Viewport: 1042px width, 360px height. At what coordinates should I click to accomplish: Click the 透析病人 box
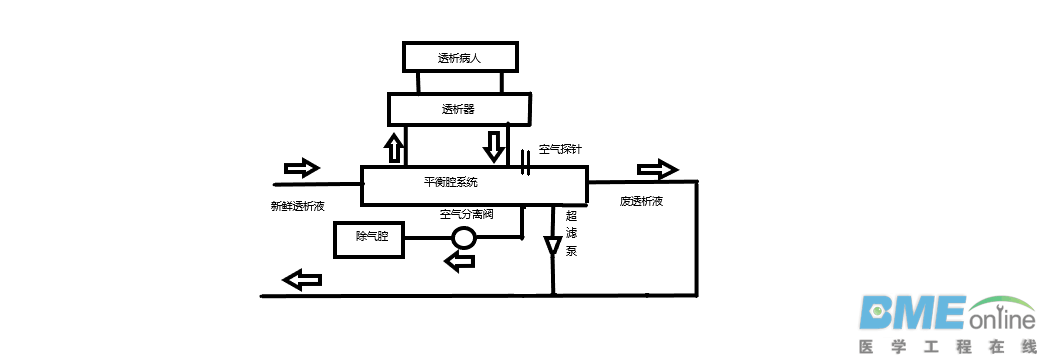pyautogui.click(x=460, y=57)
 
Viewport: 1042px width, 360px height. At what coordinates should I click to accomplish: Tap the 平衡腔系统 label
pyautogui.click(x=451, y=183)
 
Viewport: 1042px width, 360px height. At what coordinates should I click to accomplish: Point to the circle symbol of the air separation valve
pyautogui.click(x=464, y=238)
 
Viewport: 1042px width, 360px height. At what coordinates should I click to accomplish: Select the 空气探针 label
pyautogui.click(x=560, y=149)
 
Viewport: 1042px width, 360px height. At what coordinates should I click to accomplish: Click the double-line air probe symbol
pyautogui.click(x=525, y=163)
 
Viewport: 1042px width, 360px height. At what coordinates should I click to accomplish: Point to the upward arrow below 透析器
pyautogui.click(x=394, y=148)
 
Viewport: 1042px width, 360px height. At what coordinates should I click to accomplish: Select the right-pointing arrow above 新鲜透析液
pyautogui.click(x=302, y=166)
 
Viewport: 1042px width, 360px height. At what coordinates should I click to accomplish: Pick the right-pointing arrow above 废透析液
pyautogui.click(x=657, y=166)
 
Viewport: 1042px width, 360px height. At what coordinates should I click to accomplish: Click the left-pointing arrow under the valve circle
pyautogui.click(x=460, y=262)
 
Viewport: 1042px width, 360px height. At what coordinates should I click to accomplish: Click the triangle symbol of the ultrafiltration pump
pyautogui.click(x=553, y=246)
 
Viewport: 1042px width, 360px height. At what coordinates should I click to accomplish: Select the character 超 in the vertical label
pyautogui.click(x=571, y=216)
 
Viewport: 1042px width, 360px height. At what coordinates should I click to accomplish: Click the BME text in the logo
pyautogui.click(x=911, y=313)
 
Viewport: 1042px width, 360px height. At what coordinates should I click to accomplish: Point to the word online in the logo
pyautogui.click(x=1001, y=321)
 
